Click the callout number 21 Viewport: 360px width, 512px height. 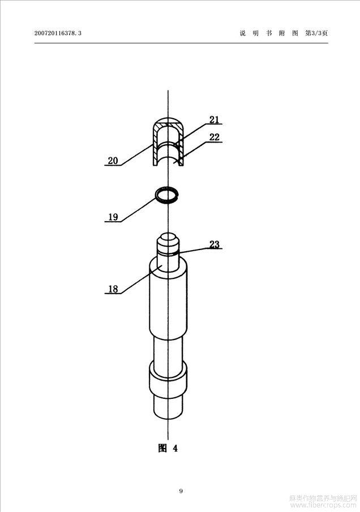tap(214, 120)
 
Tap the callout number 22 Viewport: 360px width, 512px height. tap(214, 137)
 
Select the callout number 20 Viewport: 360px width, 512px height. tap(113, 161)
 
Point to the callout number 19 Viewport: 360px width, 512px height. tap(113, 217)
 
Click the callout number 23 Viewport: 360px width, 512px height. tap(215, 244)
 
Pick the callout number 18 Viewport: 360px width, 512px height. tap(113, 289)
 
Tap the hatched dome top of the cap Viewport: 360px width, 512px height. tap(168, 123)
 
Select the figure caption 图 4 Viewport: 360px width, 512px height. tap(168, 448)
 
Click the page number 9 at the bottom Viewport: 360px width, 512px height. tap(181, 491)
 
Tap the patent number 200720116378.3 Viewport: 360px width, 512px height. tap(58, 33)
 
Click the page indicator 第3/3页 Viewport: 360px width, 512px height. tap(316, 33)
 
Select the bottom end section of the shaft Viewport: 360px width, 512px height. tap(168, 407)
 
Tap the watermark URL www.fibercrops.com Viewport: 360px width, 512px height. tap(323, 505)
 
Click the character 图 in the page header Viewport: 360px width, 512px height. tap(295, 33)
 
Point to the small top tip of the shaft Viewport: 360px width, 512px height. tap(168, 242)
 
